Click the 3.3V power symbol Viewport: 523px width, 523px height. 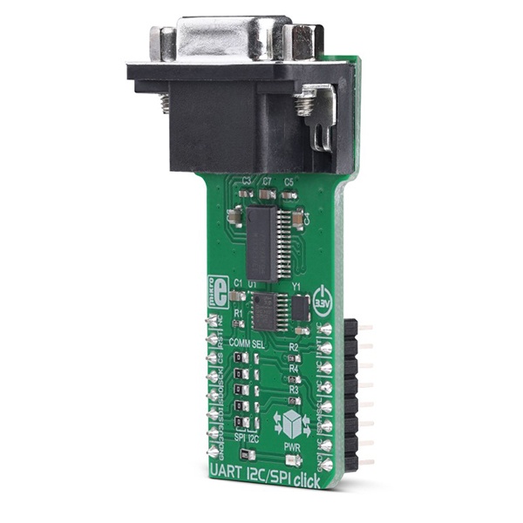322,299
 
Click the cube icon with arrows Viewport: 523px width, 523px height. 291,426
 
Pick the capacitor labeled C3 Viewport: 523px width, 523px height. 247,193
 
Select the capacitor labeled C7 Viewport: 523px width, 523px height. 267,194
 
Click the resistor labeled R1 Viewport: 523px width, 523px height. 239,323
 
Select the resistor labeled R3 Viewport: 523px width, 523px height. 294,400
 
